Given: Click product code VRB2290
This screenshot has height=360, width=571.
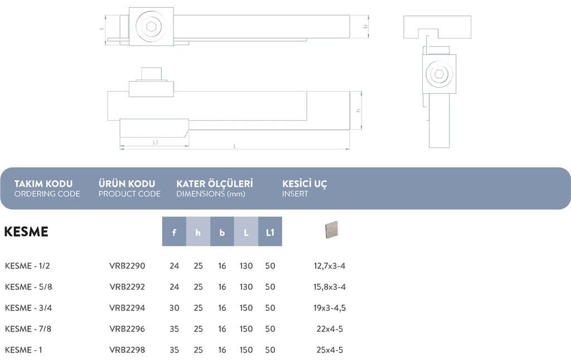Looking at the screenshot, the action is pyautogui.click(x=127, y=266).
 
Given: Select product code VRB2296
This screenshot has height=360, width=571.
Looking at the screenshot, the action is pyautogui.click(x=127, y=329).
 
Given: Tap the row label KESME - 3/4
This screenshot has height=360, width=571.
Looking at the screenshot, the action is pyautogui.click(x=28, y=308).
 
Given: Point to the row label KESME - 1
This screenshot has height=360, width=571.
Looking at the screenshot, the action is pyautogui.click(x=23, y=350).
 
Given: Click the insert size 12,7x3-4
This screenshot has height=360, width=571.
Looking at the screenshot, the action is pyautogui.click(x=330, y=266).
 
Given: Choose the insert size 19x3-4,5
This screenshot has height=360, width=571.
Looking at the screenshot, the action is pyautogui.click(x=330, y=308).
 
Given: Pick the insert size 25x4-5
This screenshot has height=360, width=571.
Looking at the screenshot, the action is pyautogui.click(x=330, y=350).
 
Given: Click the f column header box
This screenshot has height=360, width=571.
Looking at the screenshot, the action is pyautogui.click(x=174, y=231).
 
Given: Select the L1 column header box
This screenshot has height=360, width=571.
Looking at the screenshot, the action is pyautogui.click(x=270, y=231).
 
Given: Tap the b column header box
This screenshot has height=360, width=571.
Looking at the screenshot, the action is pyautogui.click(x=222, y=231).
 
